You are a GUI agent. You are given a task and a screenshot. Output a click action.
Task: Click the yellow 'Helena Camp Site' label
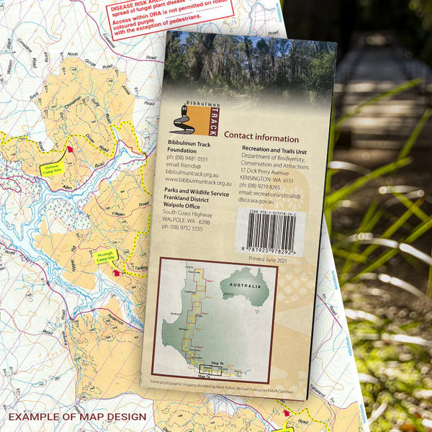coord(53,169)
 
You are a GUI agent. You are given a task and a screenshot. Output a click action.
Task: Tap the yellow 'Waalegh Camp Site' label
coord(107,256)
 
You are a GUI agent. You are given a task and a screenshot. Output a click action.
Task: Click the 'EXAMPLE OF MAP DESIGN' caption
coord(77,416)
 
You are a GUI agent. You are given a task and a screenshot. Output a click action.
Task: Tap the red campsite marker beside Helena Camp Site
coord(70,150)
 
